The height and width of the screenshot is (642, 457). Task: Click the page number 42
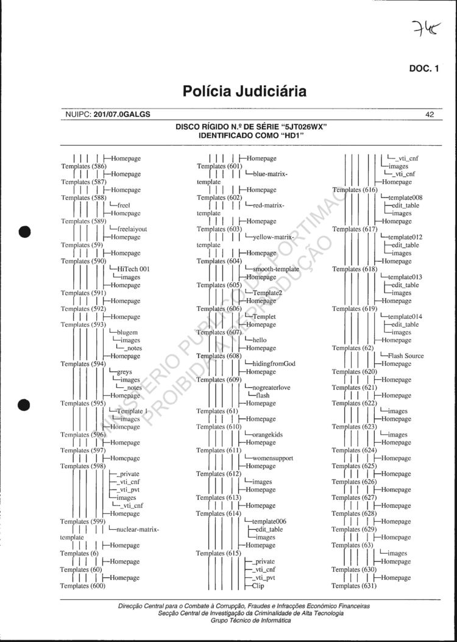coord(430,114)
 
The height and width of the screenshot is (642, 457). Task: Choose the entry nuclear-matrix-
coord(138,530)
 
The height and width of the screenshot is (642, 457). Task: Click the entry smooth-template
coord(275,269)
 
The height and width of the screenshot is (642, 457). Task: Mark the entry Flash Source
coord(406,356)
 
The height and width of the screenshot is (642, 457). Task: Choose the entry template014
coord(405,316)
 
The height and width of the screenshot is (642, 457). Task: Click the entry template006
coord(269,522)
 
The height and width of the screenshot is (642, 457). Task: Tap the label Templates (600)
coord(83,586)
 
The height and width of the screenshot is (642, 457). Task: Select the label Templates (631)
coord(355,586)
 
